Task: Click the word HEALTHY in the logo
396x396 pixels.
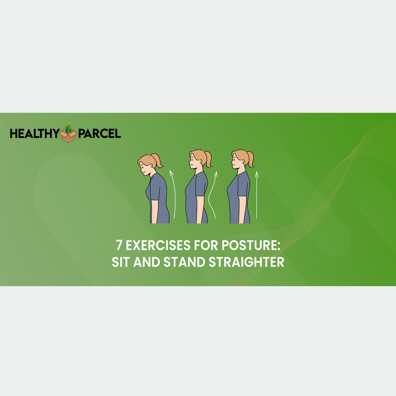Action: [x=35, y=133]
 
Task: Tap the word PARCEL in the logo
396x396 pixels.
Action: [x=99, y=133]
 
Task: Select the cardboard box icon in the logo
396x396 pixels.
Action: [x=68, y=136]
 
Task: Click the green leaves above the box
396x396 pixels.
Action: [x=68, y=128]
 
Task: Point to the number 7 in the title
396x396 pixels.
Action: [x=119, y=245]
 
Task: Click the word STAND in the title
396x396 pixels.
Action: [x=184, y=262]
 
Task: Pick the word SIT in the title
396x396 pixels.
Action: [x=121, y=262]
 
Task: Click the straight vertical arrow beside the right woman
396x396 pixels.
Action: [x=257, y=195]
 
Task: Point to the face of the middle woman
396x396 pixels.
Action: [x=193, y=162]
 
